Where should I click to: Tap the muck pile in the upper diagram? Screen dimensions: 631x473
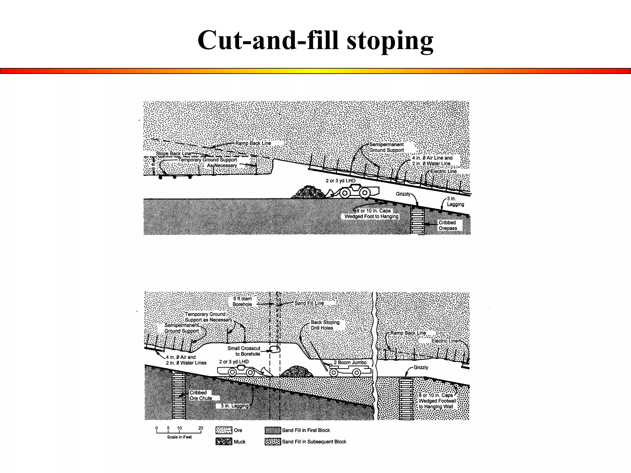tap(308, 192)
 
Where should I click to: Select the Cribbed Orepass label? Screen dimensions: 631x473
tap(448, 225)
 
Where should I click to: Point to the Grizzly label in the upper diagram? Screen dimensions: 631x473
tap(403, 194)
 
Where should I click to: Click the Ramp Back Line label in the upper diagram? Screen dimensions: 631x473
tap(253, 144)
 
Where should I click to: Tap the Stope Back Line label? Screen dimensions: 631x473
tap(173, 154)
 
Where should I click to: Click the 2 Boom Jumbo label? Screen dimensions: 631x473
tap(350, 362)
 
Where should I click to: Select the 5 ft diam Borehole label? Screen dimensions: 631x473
tap(242, 301)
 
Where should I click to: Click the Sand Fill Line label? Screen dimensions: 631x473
tap(309, 303)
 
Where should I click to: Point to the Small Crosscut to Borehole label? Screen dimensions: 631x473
tap(244, 351)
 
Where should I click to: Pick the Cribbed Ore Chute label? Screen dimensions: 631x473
tap(201, 395)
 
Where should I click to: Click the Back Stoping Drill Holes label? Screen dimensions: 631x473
tap(325, 325)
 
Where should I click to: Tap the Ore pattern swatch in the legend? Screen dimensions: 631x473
tap(224, 430)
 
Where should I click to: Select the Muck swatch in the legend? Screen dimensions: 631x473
tap(224, 442)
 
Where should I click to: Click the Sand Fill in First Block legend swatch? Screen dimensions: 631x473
tap(273, 430)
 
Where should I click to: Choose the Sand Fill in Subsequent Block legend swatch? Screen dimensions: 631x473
tap(273, 442)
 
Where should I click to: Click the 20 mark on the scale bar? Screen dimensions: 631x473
tap(201, 428)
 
